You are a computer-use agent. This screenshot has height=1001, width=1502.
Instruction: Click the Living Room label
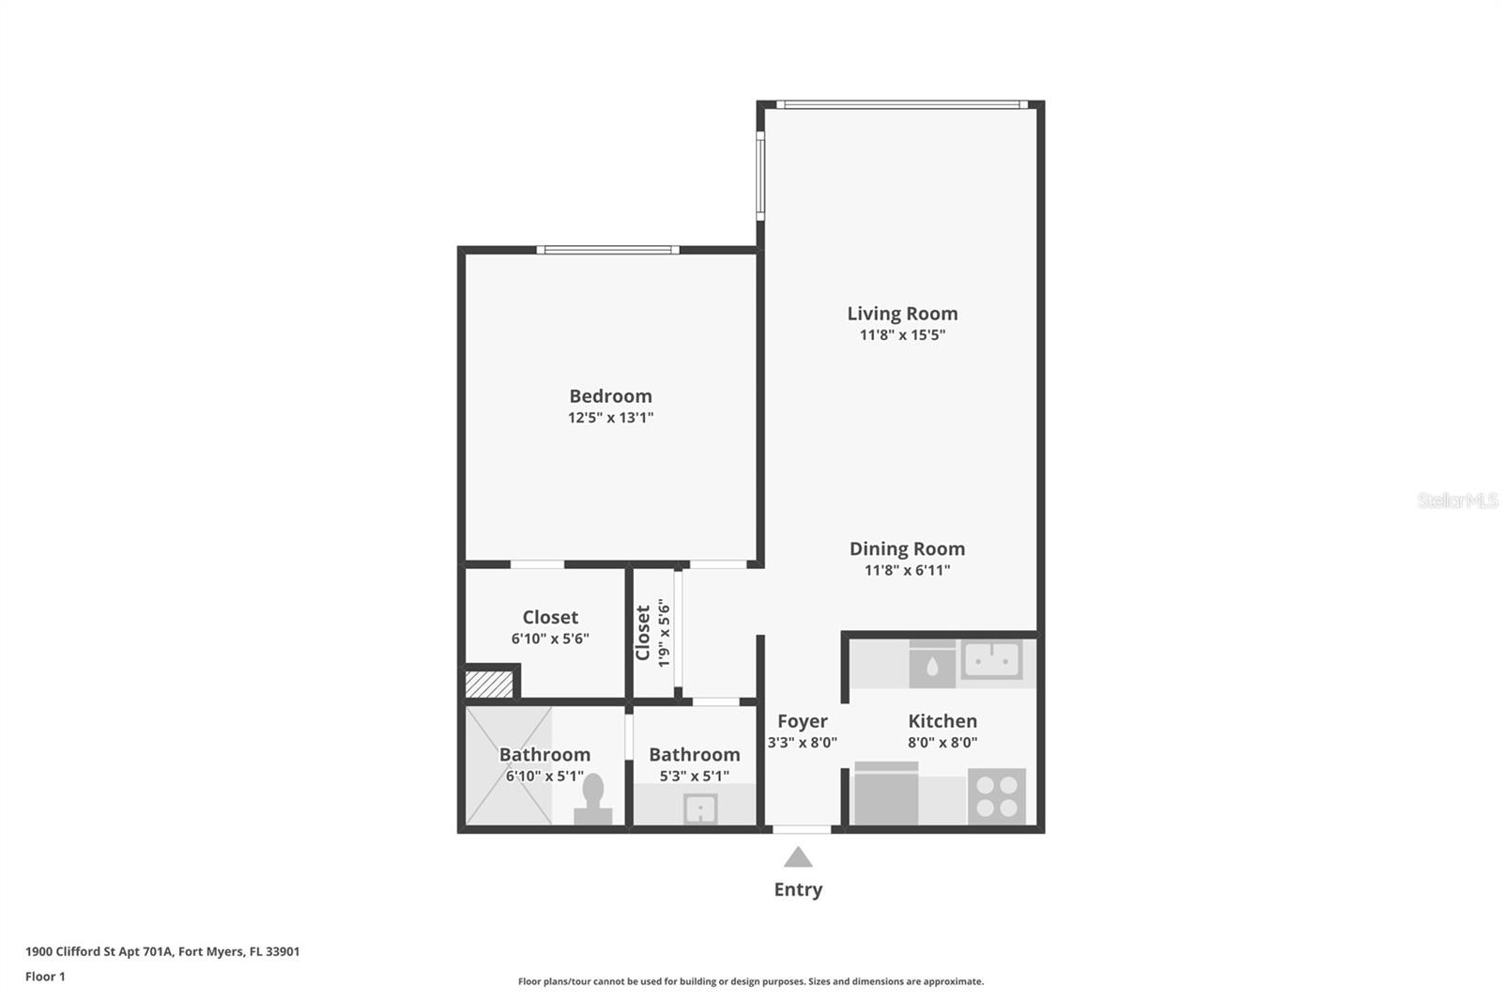902,314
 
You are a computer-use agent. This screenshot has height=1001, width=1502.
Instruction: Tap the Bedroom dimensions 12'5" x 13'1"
610,418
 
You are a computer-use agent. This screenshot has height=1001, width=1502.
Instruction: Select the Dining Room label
907,548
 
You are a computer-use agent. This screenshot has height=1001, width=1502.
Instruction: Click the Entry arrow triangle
798,857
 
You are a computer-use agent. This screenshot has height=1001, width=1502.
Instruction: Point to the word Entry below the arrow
798,889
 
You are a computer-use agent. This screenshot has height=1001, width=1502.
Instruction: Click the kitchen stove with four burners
996,795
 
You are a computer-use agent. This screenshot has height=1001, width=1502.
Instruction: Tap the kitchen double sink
991,660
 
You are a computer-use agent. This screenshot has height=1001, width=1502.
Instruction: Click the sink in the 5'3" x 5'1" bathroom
700,808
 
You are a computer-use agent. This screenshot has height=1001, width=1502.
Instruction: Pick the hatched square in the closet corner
489,684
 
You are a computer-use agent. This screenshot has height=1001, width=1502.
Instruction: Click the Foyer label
803,721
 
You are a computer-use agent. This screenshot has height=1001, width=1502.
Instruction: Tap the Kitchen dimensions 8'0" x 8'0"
943,743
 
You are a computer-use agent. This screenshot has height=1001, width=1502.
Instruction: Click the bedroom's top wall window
607,250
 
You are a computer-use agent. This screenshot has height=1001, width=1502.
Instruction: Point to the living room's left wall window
760,176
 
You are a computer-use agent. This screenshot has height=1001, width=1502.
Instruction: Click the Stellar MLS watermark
1457,500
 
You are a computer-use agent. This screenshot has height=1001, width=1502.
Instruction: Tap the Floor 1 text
45,977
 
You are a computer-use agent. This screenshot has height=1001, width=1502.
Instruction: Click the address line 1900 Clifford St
162,951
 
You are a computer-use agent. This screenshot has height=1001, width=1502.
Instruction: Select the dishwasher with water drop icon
931,665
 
